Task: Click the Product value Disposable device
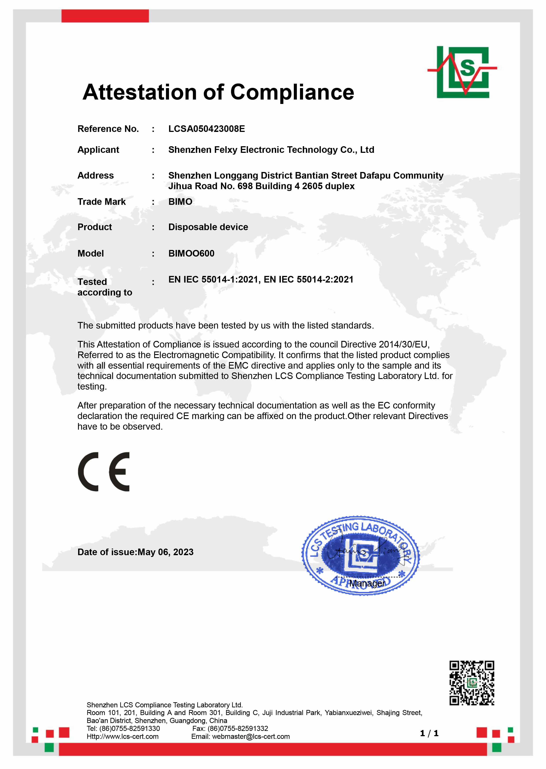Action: point(208,227)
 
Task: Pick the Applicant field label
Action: point(98,150)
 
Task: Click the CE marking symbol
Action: point(104,472)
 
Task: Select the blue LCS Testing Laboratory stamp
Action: point(360,555)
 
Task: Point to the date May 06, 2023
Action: point(165,552)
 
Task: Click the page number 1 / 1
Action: point(429,733)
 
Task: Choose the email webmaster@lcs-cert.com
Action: point(251,736)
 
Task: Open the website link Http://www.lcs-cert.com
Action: point(123,736)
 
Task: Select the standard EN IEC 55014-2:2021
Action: point(308,279)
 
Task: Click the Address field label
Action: point(96,176)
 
